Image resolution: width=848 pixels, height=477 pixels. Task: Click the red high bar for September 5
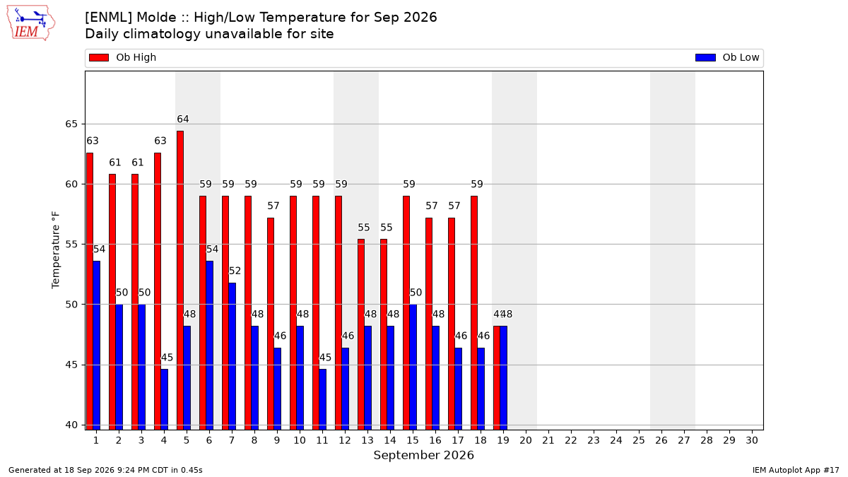(x=180, y=280)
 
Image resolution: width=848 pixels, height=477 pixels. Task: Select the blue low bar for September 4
(x=164, y=399)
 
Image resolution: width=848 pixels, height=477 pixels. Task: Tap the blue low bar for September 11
(x=322, y=399)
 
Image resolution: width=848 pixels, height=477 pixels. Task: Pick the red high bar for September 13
(x=361, y=334)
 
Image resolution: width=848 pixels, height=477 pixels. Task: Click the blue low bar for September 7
(x=232, y=356)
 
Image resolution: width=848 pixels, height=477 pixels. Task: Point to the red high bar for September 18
(x=474, y=312)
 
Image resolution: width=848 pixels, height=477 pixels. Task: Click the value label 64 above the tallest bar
(x=183, y=119)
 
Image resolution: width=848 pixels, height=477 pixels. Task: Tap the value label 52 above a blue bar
(x=235, y=271)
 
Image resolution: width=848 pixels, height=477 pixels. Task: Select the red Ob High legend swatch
(x=99, y=57)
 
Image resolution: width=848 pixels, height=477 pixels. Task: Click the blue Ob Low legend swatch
(x=705, y=57)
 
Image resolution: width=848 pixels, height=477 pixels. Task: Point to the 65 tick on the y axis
(x=71, y=124)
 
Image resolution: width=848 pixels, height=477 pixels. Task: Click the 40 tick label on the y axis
(x=71, y=425)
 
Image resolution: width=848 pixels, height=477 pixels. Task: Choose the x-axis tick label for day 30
(x=752, y=440)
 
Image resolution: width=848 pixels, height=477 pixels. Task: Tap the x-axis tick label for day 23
(x=594, y=440)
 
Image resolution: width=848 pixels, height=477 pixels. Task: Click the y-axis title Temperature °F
(x=56, y=250)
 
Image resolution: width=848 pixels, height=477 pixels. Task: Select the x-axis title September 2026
(x=423, y=455)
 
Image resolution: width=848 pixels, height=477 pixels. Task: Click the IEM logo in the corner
(x=31, y=23)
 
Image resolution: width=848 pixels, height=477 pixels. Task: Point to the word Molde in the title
(x=156, y=18)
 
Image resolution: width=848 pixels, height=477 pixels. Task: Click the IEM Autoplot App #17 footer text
(x=796, y=470)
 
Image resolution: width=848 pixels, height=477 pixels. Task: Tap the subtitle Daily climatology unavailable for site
(x=209, y=34)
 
